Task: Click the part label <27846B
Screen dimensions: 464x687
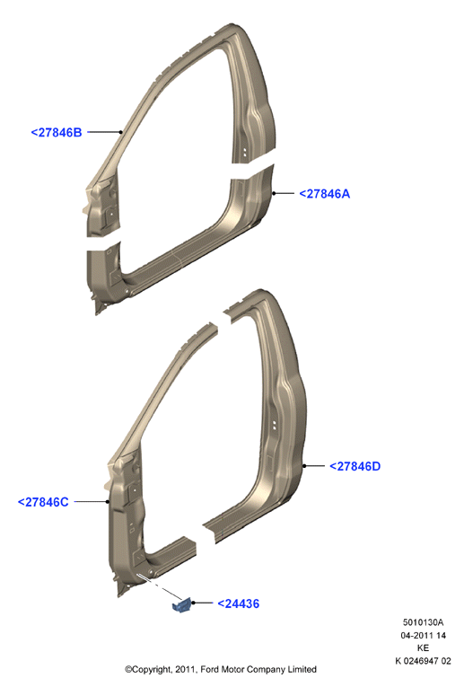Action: pos(57,132)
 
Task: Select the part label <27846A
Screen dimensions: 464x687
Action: pos(324,194)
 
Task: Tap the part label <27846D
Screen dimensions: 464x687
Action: pos(355,466)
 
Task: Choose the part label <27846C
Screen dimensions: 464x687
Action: pos(43,502)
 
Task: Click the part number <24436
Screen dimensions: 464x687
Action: pos(239,603)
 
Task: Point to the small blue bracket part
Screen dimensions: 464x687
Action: pos(182,605)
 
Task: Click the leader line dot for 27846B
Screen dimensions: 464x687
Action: pos(121,132)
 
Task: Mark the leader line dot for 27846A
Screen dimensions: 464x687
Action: pos(274,193)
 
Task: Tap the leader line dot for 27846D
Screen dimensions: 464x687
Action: pos(304,466)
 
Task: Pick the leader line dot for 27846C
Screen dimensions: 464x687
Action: pos(107,502)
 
